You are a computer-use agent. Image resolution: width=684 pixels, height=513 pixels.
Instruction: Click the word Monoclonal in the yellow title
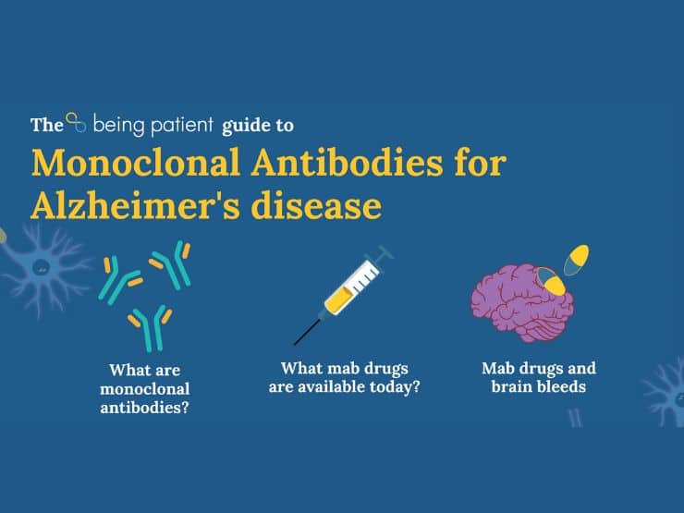[x=136, y=163]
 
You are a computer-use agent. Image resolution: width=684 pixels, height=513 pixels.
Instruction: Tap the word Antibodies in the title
[x=347, y=163]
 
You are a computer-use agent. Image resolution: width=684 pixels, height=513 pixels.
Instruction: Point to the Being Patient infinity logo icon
[x=76, y=122]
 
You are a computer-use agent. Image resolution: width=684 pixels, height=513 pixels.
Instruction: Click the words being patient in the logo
[x=153, y=125]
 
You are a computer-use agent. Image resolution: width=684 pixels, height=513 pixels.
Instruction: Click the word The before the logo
[x=47, y=125]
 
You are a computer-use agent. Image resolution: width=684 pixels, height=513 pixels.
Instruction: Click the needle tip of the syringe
[x=296, y=344]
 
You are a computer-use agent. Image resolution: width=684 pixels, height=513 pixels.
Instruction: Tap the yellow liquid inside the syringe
[x=337, y=300]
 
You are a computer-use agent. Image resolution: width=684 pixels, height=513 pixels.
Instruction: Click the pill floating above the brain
[x=576, y=260]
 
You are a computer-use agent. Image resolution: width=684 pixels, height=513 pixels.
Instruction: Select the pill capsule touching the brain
[x=551, y=280]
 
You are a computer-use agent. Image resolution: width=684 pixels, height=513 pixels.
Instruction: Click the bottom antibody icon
[x=151, y=327]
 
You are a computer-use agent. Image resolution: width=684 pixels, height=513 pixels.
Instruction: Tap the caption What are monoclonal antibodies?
[x=145, y=388]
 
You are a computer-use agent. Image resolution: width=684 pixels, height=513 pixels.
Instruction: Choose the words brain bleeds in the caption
[x=538, y=386]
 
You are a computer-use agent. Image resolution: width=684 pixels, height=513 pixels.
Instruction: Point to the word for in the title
[x=481, y=163]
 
